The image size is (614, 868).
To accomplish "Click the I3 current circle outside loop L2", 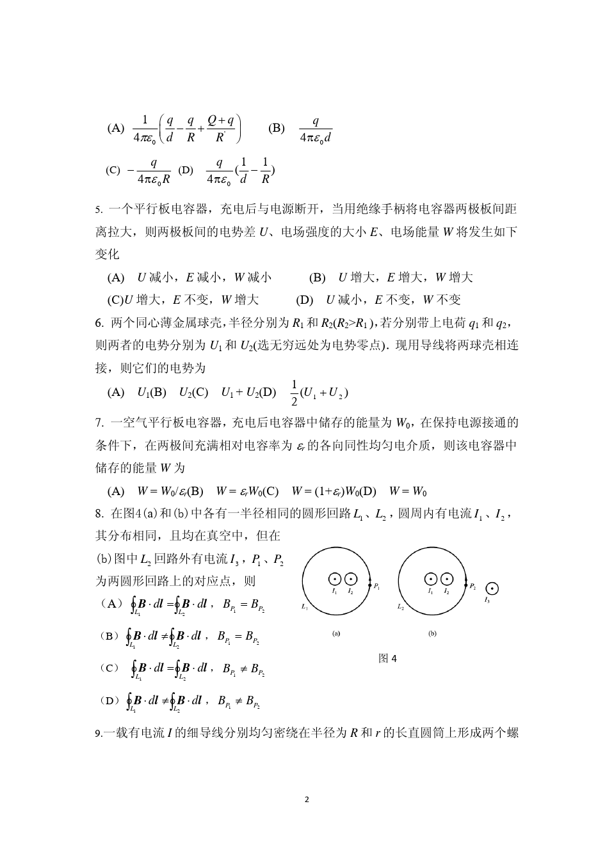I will tap(492, 588).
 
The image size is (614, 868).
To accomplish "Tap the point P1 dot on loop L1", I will tap(370, 585).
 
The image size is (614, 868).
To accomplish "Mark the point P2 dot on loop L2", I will tap(466, 585).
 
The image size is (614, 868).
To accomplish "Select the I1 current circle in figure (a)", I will tap(334, 580).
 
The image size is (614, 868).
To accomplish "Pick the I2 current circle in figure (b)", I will tap(447, 580).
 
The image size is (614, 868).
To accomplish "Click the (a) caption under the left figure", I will tap(336, 634).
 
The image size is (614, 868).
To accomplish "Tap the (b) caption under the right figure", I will tap(432, 634).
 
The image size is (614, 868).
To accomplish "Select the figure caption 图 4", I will tap(387, 658).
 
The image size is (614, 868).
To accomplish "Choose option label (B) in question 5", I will tap(318, 278).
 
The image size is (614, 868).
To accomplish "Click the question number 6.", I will tap(99, 322).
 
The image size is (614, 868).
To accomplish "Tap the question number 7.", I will tap(99, 423).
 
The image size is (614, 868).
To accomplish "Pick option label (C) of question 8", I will tap(109, 668).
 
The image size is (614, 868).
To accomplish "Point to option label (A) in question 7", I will tap(116, 491).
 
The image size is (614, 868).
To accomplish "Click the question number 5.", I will tap(99, 209).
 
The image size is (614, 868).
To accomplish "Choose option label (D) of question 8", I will tap(109, 700).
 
